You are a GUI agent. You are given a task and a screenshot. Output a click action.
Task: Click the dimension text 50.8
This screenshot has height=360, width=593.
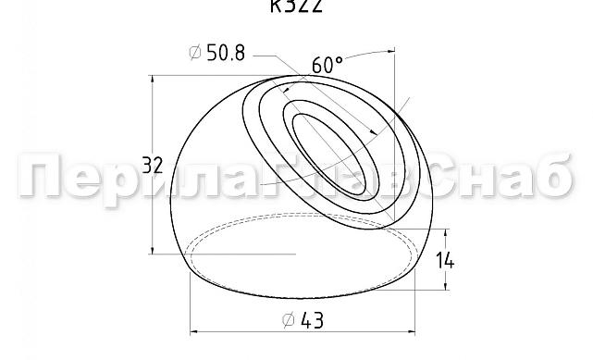(226, 54)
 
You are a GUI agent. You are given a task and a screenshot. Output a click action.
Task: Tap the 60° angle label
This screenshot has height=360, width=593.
(326, 65)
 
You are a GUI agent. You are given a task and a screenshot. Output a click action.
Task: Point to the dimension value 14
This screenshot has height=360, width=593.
(445, 260)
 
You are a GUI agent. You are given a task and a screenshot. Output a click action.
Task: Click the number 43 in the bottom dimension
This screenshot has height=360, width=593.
(312, 320)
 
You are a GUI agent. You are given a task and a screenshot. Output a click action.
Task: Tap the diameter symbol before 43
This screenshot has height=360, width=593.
(288, 320)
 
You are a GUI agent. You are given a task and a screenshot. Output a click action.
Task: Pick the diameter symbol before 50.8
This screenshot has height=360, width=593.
(195, 54)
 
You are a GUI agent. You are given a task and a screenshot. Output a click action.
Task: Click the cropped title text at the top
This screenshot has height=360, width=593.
(297, 6)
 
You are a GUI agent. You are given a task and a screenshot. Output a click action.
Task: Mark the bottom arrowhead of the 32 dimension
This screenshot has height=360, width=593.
(152, 252)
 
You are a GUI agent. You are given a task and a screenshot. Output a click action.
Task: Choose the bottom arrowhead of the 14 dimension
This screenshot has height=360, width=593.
(428, 288)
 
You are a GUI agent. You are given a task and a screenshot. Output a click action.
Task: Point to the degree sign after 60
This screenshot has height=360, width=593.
(340, 60)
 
